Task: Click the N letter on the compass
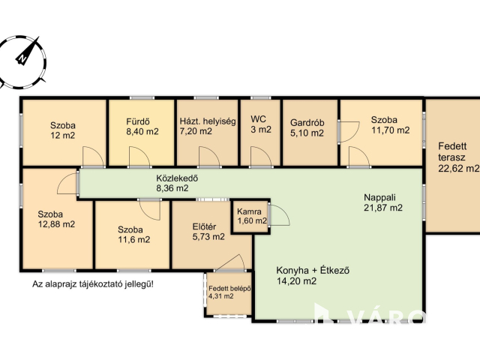[22, 58]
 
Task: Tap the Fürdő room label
[138, 121]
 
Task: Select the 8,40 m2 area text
[142, 132]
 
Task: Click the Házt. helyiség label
[208, 121]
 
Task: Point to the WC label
[258, 118]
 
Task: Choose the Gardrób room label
[307, 123]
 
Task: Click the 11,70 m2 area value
[390, 130]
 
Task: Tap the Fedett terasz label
[452, 151]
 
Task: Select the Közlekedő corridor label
[177, 178]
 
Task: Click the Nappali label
[379, 197]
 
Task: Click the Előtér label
[204, 226]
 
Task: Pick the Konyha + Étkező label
[313, 271]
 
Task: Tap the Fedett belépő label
[230, 289]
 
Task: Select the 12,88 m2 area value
[56, 224]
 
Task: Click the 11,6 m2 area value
[134, 239]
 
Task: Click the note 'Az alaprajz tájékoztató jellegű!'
[93, 284]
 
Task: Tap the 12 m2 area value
[63, 135]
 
